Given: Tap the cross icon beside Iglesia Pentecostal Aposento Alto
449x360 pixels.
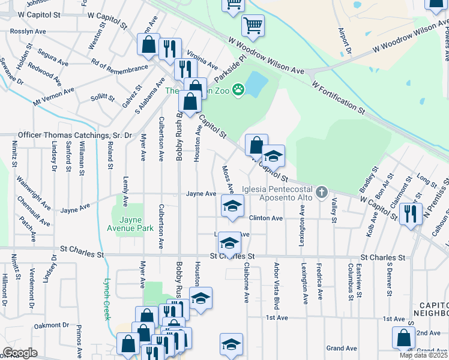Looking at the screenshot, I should click(322, 193).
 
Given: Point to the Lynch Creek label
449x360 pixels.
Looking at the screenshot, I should click(107, 299).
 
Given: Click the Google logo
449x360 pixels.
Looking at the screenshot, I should click(20, 353).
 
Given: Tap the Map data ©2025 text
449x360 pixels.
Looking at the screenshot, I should click(423, 355).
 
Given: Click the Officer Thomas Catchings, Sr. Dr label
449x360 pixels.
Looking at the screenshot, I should click(75, 136).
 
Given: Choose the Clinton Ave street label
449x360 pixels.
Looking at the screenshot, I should click(265, 218).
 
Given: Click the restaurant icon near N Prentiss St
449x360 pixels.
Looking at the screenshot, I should click(411, 214).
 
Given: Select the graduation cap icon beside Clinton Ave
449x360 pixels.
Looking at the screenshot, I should click(232, 206).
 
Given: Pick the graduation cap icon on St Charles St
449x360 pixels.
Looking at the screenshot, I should click(229, 243).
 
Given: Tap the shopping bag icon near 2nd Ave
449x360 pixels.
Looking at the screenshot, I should click(403, 338).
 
